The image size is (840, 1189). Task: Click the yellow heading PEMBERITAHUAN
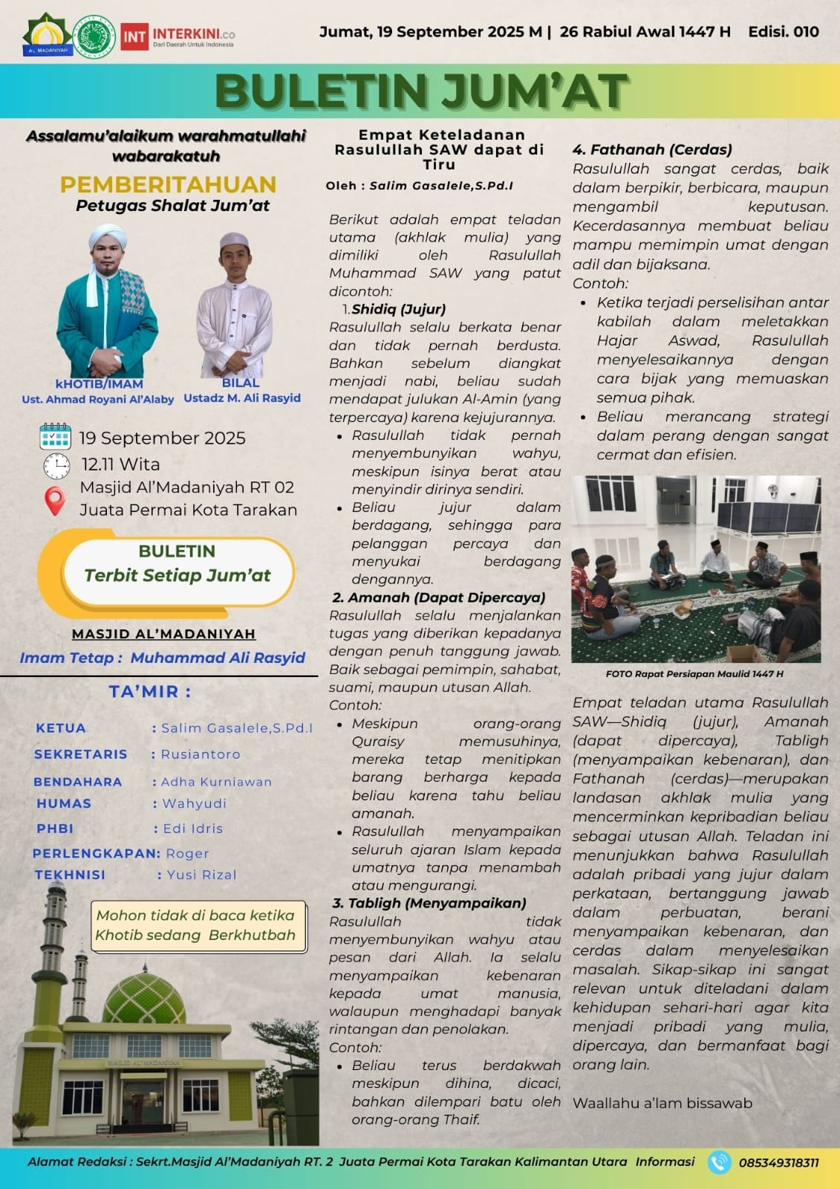tap(168, 184)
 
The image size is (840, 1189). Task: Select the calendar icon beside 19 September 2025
tap(55, 437)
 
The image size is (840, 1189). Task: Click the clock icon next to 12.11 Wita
tap(56, 465)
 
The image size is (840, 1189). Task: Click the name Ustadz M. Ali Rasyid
tap(242, 398)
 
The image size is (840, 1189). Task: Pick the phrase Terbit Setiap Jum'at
tap(177, 575)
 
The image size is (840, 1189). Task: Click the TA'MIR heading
tap(150, 691)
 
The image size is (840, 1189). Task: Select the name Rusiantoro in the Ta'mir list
tap(201, 754)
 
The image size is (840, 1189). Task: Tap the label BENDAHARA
tap(77, 782)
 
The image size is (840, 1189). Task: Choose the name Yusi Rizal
tap(201, 875)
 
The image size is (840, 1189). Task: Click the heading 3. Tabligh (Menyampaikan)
tap(429, 903)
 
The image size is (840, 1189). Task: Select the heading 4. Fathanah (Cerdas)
tap(652, 149)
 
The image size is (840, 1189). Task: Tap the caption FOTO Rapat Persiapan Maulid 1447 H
tap(694, 674)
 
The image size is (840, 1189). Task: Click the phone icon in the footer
tap(718, 1162)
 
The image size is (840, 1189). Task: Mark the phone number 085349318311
tap(778, 1163)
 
